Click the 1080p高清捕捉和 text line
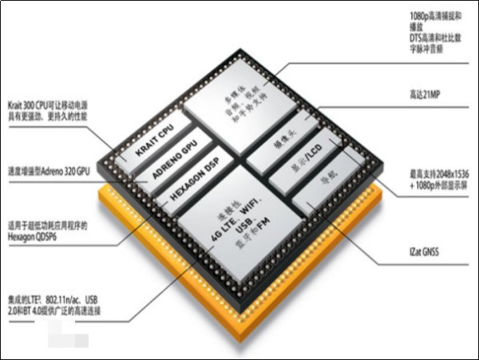pyautogui.click(x=430, y=14)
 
